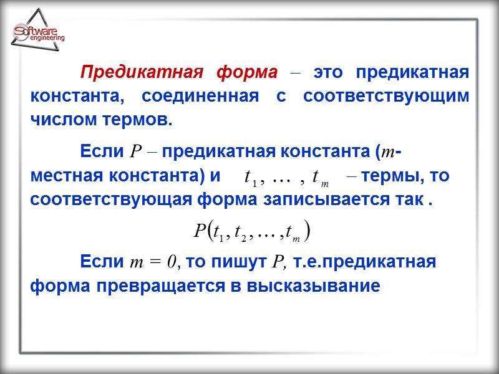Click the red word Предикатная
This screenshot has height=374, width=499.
[x=142, y=72]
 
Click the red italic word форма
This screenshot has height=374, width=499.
[x=246, y=72]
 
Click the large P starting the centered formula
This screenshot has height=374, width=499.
[x=198, y=231]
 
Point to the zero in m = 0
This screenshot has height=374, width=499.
[x=173, y=262]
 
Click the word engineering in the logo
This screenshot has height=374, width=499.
[x=46, y=38]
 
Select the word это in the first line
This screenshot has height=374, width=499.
[x=327, y=72]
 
